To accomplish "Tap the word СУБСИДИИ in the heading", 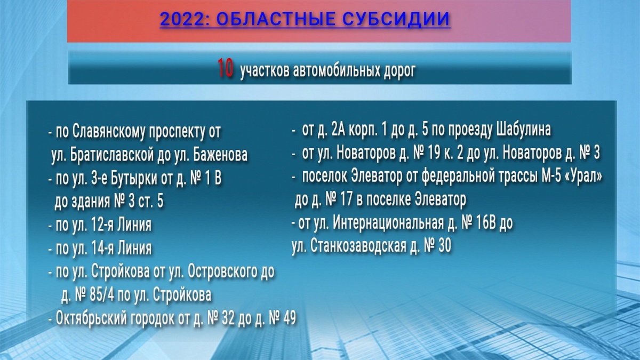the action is point(396,19).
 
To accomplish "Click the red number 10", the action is point(225,68).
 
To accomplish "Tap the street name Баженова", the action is point(220,155).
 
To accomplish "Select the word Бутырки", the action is point(134,179).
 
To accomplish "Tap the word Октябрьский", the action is point(91,318).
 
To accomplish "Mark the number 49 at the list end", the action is point(289,318).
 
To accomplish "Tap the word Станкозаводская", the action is point(358,246).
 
